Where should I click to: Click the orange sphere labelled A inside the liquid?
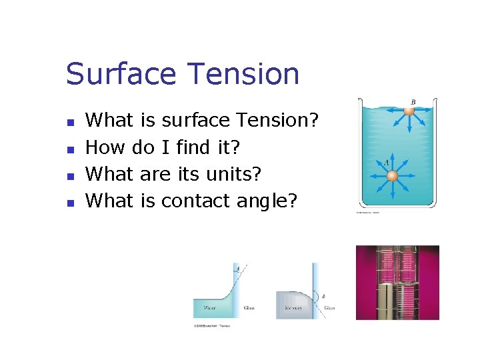point(393,176)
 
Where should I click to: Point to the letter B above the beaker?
point(413,102)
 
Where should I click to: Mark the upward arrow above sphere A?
point(393,160)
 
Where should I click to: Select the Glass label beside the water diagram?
point(249,308)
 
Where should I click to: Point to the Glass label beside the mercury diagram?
point(329,308)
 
